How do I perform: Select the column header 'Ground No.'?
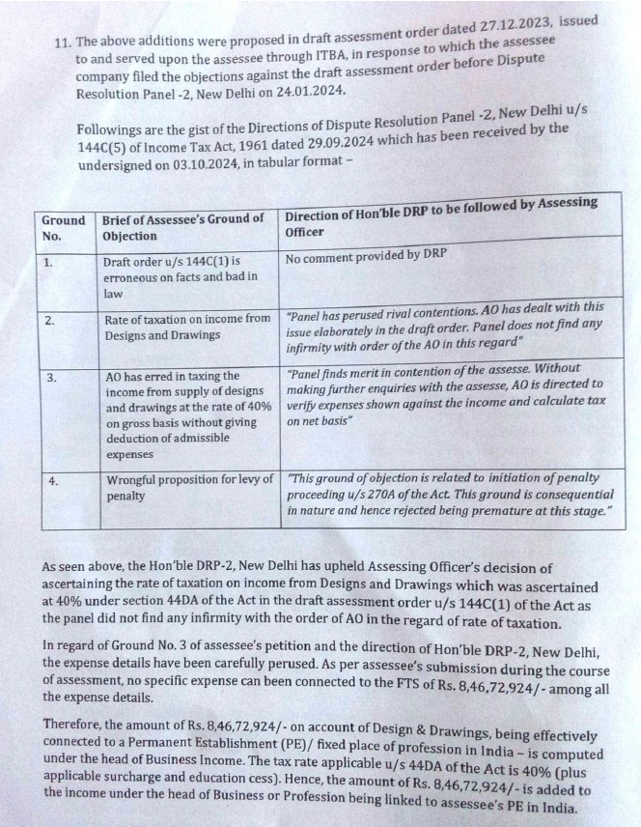point(63,228)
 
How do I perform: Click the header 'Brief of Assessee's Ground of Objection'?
point(182,228)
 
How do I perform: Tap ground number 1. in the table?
point(49,262)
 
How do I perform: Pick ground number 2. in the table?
point(49,322)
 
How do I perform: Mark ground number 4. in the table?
point(50,481)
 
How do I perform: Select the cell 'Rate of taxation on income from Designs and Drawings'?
point(186,326)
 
